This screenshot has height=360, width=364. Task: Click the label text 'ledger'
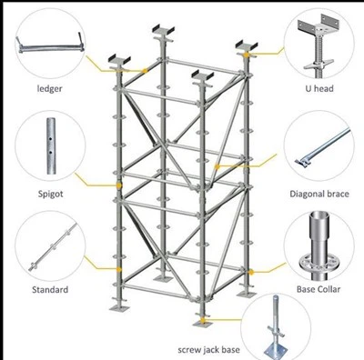click(x=49, y=89)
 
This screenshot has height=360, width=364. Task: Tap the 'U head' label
click(x=319, y=89)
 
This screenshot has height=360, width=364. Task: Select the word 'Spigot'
click(x=51, y=194)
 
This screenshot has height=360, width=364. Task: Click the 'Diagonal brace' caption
click(x=319, y=194)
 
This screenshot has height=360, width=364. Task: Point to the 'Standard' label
click(x=50, y=290)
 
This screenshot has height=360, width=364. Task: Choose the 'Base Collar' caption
click(x=318, y=289)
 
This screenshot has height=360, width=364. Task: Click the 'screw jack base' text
click(x=208, y=350)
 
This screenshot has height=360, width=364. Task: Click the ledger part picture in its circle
click(x=50, y=45)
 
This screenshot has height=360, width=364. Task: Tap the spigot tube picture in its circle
click(x=51, y=146)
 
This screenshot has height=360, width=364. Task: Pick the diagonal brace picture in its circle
click(x=323, y=146)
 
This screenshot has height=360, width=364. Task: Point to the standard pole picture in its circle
click(x=53, y=247)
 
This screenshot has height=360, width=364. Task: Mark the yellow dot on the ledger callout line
click(x=146, y=71)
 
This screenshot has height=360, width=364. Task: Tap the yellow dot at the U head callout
click(x=247, y=55)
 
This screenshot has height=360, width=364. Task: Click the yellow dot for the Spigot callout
click(x=119, y=185)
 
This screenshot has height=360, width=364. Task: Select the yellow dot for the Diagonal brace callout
click(x=217, y=166)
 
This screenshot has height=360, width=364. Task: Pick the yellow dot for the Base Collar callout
click(x=251, y=273)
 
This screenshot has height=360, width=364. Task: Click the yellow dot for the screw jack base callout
click(x=202, y=320)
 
